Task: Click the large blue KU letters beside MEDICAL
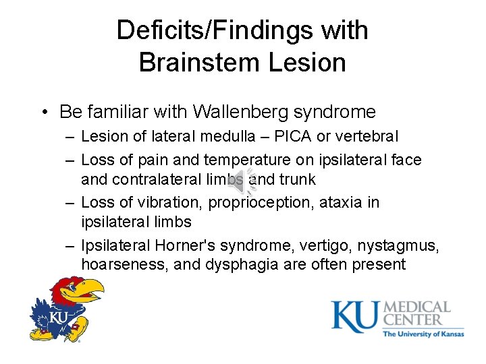point(355,316)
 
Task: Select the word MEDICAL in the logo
point(416,309)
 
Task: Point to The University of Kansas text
point(423,334)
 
